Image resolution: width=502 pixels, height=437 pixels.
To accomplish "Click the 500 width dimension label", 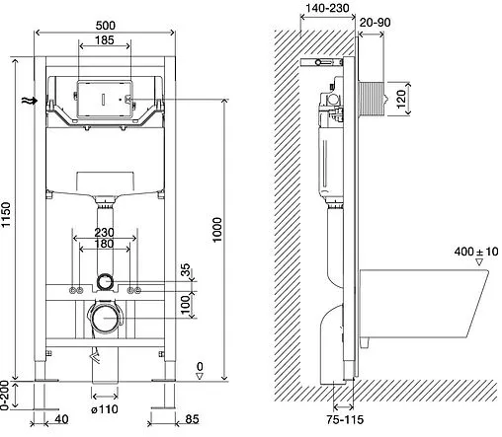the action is tap(106, 26).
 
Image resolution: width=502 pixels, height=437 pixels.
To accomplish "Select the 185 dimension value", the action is tap(105, 40).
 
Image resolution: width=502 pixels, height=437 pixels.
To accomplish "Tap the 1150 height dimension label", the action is tap(6, 215).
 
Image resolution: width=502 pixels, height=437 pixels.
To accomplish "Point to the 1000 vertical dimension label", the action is tap(217, 230).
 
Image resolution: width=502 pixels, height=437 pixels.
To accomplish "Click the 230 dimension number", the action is tap(104, 233).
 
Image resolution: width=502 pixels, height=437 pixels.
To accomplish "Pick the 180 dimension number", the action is tap(104, 244).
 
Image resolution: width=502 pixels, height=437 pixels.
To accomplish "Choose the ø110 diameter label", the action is tap(105, 409).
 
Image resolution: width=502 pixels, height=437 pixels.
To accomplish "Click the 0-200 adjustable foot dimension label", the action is tap(5, 396).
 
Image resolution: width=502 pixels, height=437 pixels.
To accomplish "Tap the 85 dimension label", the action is tap(192, 419).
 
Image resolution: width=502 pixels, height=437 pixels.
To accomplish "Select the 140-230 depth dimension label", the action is tap(327, 8).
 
